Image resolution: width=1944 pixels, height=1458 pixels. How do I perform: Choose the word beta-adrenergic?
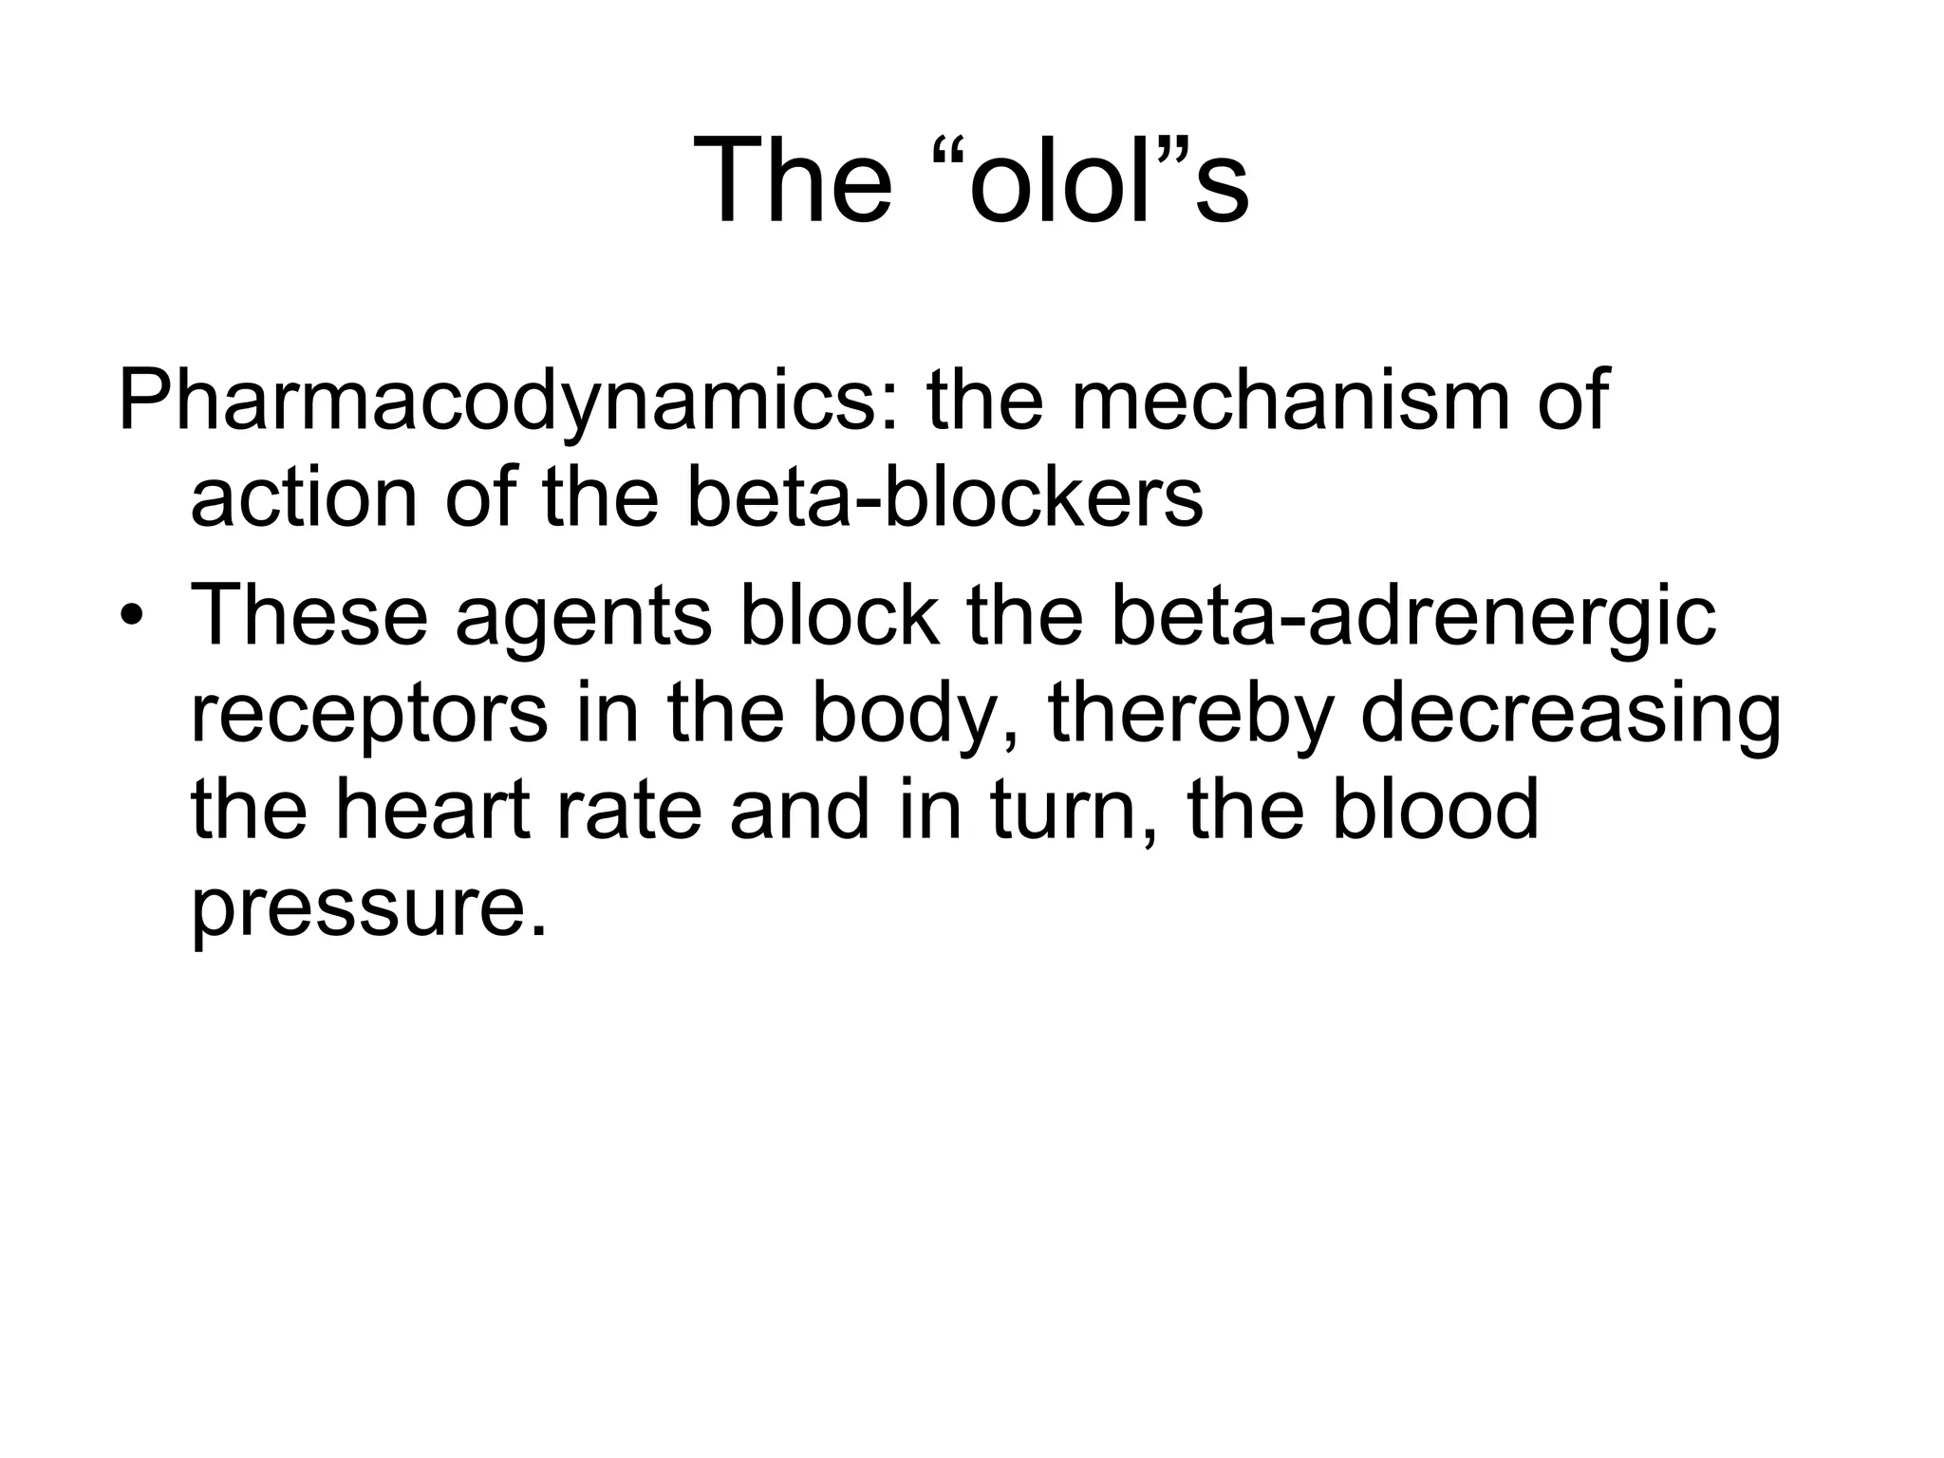tap(1413, 617)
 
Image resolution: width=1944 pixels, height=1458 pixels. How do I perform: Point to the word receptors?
tap(369, 717)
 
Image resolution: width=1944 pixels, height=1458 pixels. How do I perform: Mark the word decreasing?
tap(1571, 717)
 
